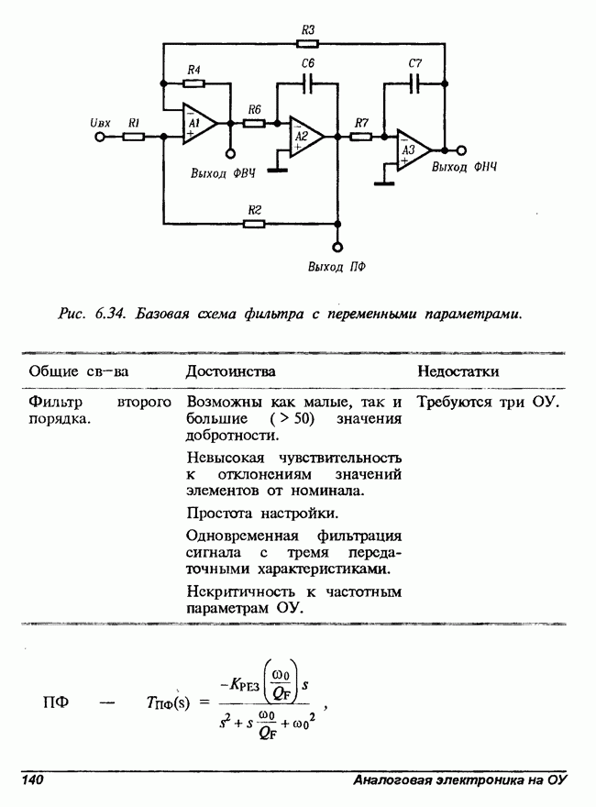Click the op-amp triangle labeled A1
[x=198, y=125]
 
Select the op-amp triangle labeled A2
[x=304, y=138]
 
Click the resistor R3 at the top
[x=308, y=43]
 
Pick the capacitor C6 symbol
[x=308, y=83]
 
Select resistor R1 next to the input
[x=134, y=138]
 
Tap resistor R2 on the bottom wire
[x=255, y=222]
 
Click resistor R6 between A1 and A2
[x=254, y=123]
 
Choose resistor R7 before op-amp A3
[x=361, y=137]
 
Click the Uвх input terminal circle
[x=101, y=138]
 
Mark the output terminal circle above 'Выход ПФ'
[x=337, y=246]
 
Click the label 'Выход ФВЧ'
[x=222, y=173]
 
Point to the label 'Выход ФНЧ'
[x=464, y=168]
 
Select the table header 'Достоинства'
[x=230, y=370]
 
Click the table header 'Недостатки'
[x=458, y=370]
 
